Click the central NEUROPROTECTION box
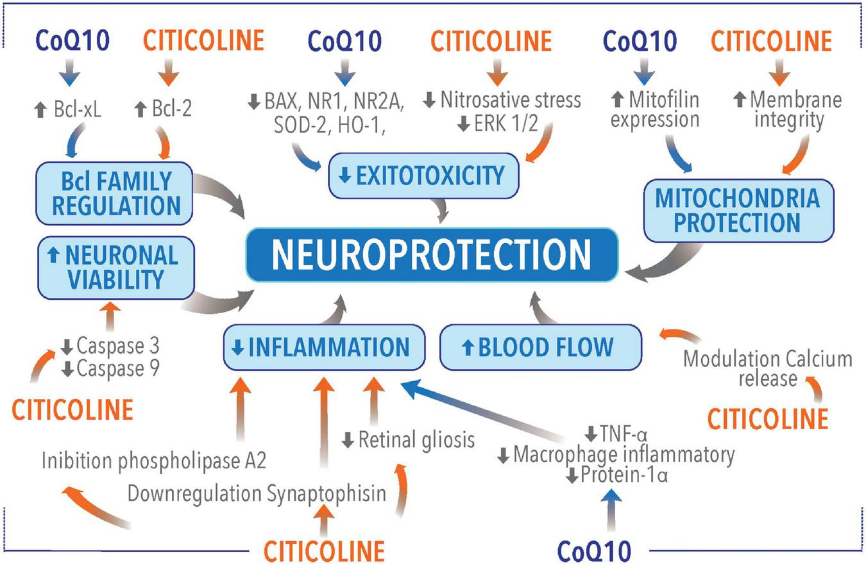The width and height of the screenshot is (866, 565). point(432,254)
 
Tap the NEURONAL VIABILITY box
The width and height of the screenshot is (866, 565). point(115,267)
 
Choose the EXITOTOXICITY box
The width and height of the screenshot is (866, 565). point(423,175)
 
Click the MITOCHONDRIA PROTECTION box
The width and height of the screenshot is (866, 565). point(738,210)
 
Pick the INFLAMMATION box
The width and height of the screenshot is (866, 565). point(323,347)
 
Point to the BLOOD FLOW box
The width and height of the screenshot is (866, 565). point(540,347)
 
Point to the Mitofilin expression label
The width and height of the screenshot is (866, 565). point(654,110)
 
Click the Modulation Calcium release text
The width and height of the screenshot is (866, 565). point(767,368)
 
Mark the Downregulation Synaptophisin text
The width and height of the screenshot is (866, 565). point(257,493)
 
